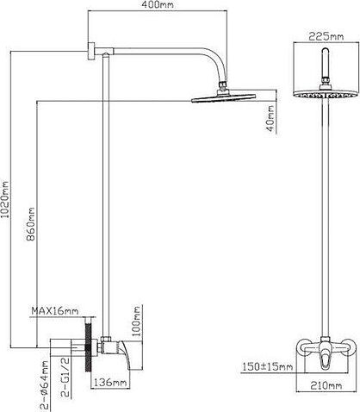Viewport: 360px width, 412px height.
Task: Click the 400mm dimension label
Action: (158, 4)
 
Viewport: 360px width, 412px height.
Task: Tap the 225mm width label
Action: (326, 36)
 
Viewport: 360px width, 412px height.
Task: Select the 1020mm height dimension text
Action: (5, 199)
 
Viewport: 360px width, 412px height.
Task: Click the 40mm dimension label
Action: (270, 118)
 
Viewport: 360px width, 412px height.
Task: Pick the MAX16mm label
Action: (54, 311)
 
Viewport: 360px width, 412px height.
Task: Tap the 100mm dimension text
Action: (137, 321)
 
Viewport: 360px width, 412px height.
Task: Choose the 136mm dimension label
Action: (110, 383)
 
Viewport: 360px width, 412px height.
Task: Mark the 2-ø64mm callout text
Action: (46, 386)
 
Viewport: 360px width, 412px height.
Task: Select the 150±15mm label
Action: (268, 366)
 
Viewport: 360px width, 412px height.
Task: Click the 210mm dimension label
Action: (326, 385)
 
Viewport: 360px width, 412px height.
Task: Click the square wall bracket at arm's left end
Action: (91, 51)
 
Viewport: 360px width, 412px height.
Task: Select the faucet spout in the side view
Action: (125, 355)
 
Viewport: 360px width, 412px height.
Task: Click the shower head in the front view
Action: (326, 95)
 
